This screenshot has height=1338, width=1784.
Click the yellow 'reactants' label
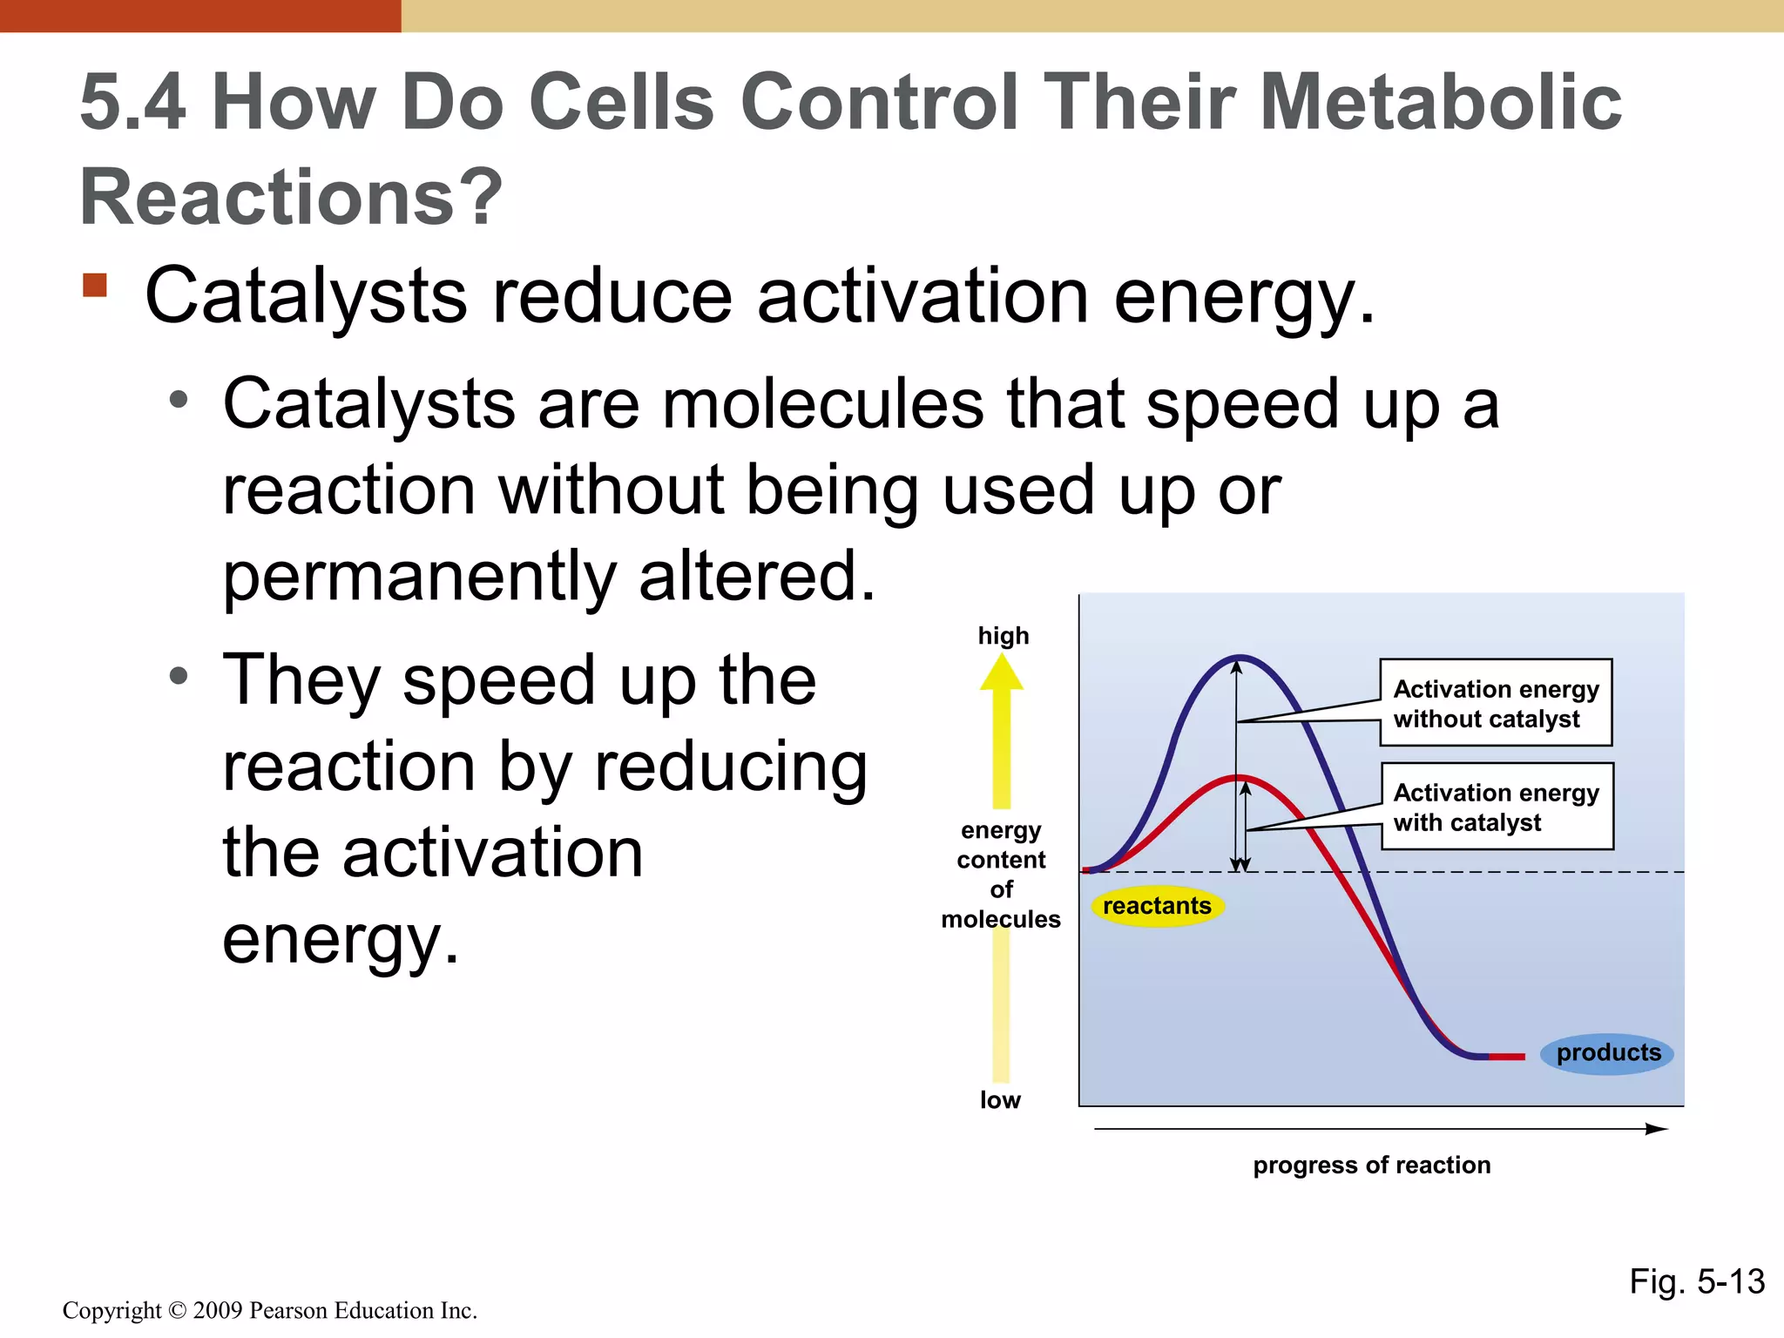tap(1157, 906)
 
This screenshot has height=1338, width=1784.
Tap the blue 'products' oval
tap(1607, 1053)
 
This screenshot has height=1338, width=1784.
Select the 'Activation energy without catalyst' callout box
tap(1496, 703)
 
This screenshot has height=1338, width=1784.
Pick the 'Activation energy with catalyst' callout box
tap(1497, 807)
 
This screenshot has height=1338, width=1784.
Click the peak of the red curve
tap(1239, 777)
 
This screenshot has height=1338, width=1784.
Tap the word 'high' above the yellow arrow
tap(1003, 636)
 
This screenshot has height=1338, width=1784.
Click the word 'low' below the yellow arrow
tap(1000, 1100)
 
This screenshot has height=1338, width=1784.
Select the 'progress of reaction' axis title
tap(1371, 1166)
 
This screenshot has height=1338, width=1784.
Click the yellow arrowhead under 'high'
tap(1002, 672)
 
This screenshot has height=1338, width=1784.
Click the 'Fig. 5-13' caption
tap(1696, 1281)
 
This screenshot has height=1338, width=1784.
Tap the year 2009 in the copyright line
tap(217, 1310)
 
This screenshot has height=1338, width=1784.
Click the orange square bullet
tap(95, 286)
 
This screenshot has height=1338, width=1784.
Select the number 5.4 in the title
tap(132, 103)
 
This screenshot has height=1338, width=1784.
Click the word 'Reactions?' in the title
tap(291, 197)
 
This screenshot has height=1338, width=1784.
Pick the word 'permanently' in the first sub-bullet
tap(419, 577)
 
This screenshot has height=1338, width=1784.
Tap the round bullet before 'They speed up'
tap(179, 677)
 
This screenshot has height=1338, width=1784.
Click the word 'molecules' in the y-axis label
tap(1000, 919)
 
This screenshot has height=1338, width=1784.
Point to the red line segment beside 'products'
tap(1507, 1057)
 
